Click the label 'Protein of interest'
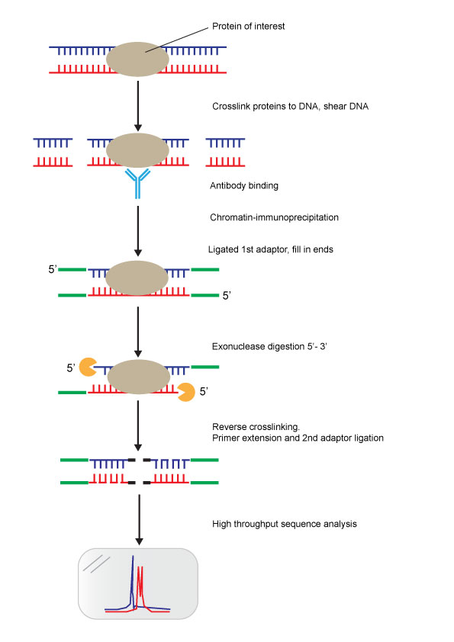[248, 26]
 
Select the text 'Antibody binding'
[244, 186]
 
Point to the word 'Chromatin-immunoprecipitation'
[274, 217]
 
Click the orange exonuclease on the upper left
[87, 367]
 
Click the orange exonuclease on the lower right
[186, 392]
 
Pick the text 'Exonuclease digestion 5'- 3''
[269, 346]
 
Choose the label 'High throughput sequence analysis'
[285, 524]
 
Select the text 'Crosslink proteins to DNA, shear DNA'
[290, 107]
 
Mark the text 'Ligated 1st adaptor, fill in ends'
[270, 249]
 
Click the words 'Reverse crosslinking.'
[256, 427]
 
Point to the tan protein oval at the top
[137, 59]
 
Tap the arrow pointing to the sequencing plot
[140, 520]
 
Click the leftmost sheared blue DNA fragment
[53, 143]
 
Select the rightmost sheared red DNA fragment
[225, 162]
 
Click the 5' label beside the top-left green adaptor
[53, 269]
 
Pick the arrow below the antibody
[138, 231]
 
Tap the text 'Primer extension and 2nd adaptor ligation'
[298, 438]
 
